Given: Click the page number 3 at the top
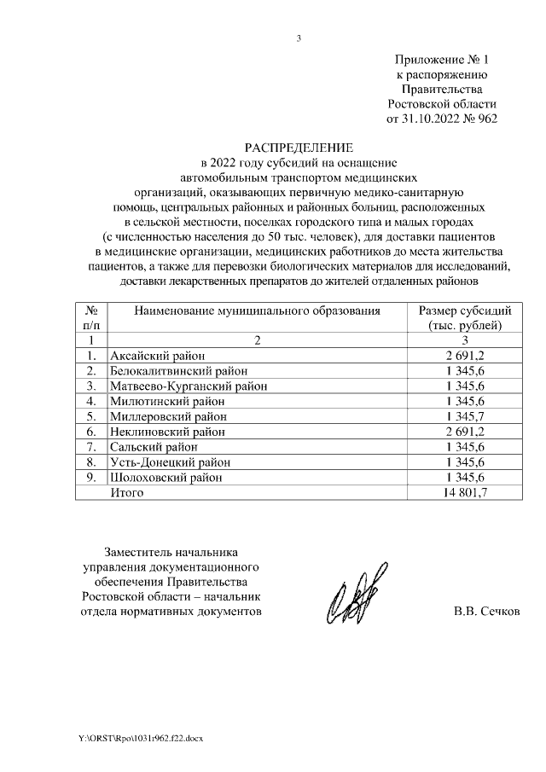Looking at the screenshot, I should click(299, 38).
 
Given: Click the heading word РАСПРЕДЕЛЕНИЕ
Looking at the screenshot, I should click(299, 147).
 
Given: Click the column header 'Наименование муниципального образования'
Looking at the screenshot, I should click(257, 311).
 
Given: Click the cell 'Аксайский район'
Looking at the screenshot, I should click(158, 355).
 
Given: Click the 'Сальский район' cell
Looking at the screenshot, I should click(154, 447).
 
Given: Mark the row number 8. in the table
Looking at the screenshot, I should click(91, 462).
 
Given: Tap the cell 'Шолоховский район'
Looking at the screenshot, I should click(166, 478).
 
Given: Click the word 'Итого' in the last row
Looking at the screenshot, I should click(127, 493).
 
